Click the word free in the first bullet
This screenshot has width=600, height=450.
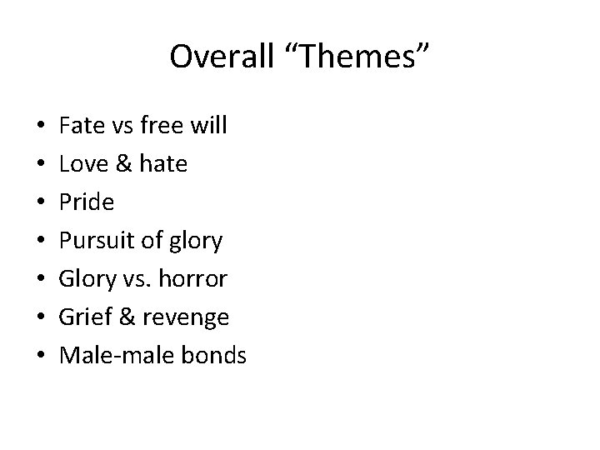[165, 127]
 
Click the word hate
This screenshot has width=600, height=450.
[164, 165]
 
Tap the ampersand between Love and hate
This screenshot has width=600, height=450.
[124, 165]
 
